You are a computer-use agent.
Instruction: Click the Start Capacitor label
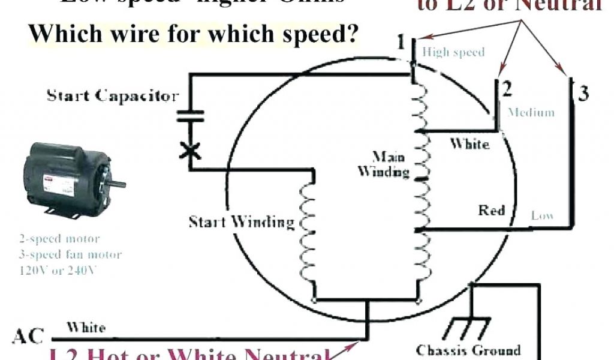(x=112, y=96)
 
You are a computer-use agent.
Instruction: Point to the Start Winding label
(x=242, y=222)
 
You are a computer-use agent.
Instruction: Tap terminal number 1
(x=401, y=43)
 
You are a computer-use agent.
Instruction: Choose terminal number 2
(x=507, y=89)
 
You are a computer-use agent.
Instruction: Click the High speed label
(x=453, y=52)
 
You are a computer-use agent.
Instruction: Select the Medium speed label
(x=531, y=112)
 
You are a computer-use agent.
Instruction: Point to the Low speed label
(x=542, y=215)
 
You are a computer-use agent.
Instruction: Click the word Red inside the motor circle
(x=491, y=211)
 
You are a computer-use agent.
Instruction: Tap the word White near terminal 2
(x=469, y=144)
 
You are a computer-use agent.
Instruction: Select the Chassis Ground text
(x=468, y=349)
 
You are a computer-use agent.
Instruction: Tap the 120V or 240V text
(x=57, y=270)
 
